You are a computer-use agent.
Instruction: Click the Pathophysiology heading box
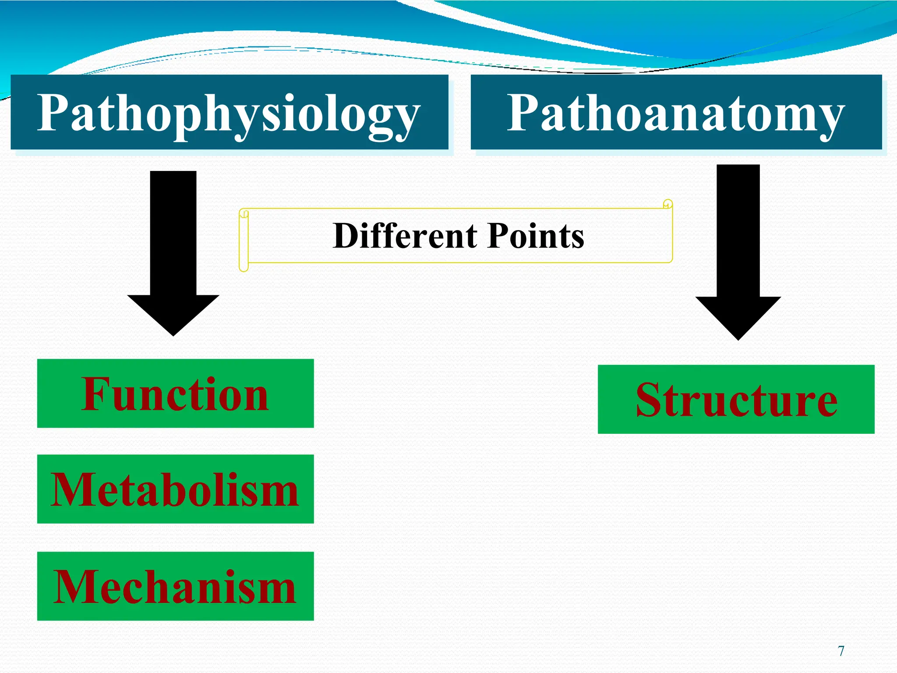(229, 112)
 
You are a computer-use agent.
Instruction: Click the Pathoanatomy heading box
(676, 112)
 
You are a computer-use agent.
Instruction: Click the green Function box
(175, 393)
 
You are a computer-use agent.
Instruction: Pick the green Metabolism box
(175, 489)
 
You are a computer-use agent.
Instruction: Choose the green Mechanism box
(175, 586)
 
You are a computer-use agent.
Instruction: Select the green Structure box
(736, 399)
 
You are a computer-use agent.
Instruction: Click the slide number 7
(841, 651)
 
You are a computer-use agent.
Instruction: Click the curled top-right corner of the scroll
(667, 204)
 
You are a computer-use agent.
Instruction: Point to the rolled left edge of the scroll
(244, 240)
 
